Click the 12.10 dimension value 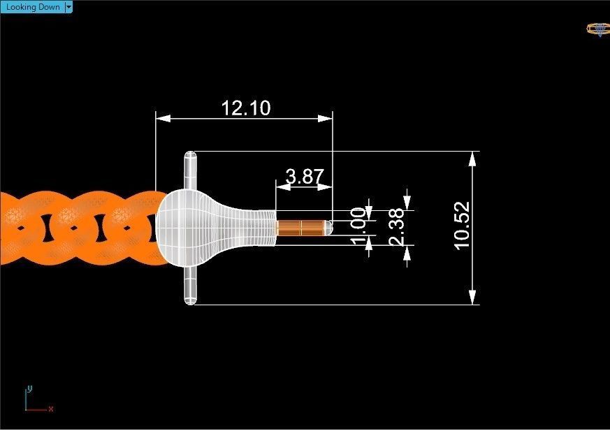click(x=245, y=108)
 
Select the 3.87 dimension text click(x=305, y=177)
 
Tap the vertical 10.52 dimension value click(x=461, y=226)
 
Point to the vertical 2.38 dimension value click(x=395, y=226)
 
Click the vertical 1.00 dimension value click(x=357, y=226)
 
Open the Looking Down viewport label click(x=33, y=7)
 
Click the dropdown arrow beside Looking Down click(x=68, y=7)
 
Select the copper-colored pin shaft click(x=299, y=228)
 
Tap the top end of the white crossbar click(x=190, y=158)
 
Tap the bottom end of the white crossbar click(x=190, y=298)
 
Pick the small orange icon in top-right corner click(x=597, y=29)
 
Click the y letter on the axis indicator click(x=29, y=388)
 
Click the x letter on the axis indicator click(x=51, y=409)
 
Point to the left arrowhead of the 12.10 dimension click(x=161, y=119)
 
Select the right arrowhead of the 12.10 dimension click(x=326, y=119)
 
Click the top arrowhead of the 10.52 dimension click(x=473, y=158)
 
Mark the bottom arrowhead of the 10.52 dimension click(x=473, y=298)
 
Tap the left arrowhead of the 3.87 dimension click(x=282, y=187)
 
